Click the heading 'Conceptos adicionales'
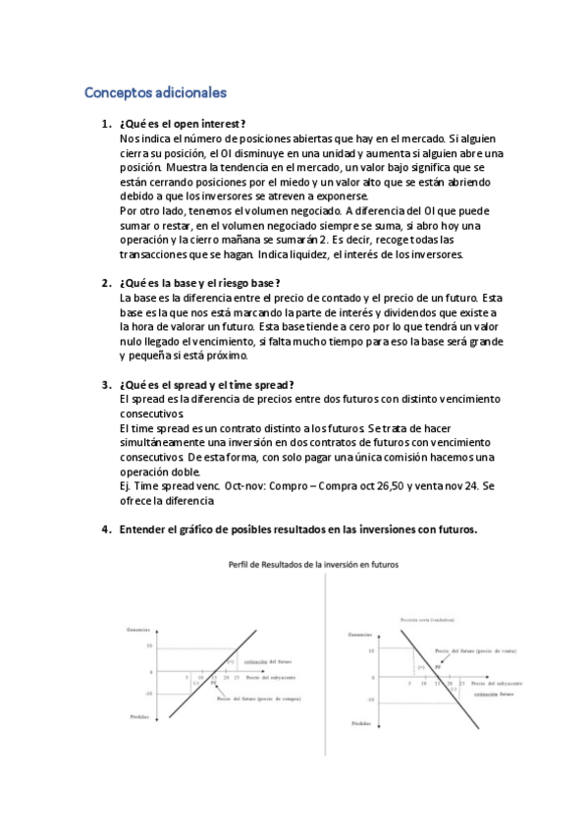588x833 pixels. coord(155,93)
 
